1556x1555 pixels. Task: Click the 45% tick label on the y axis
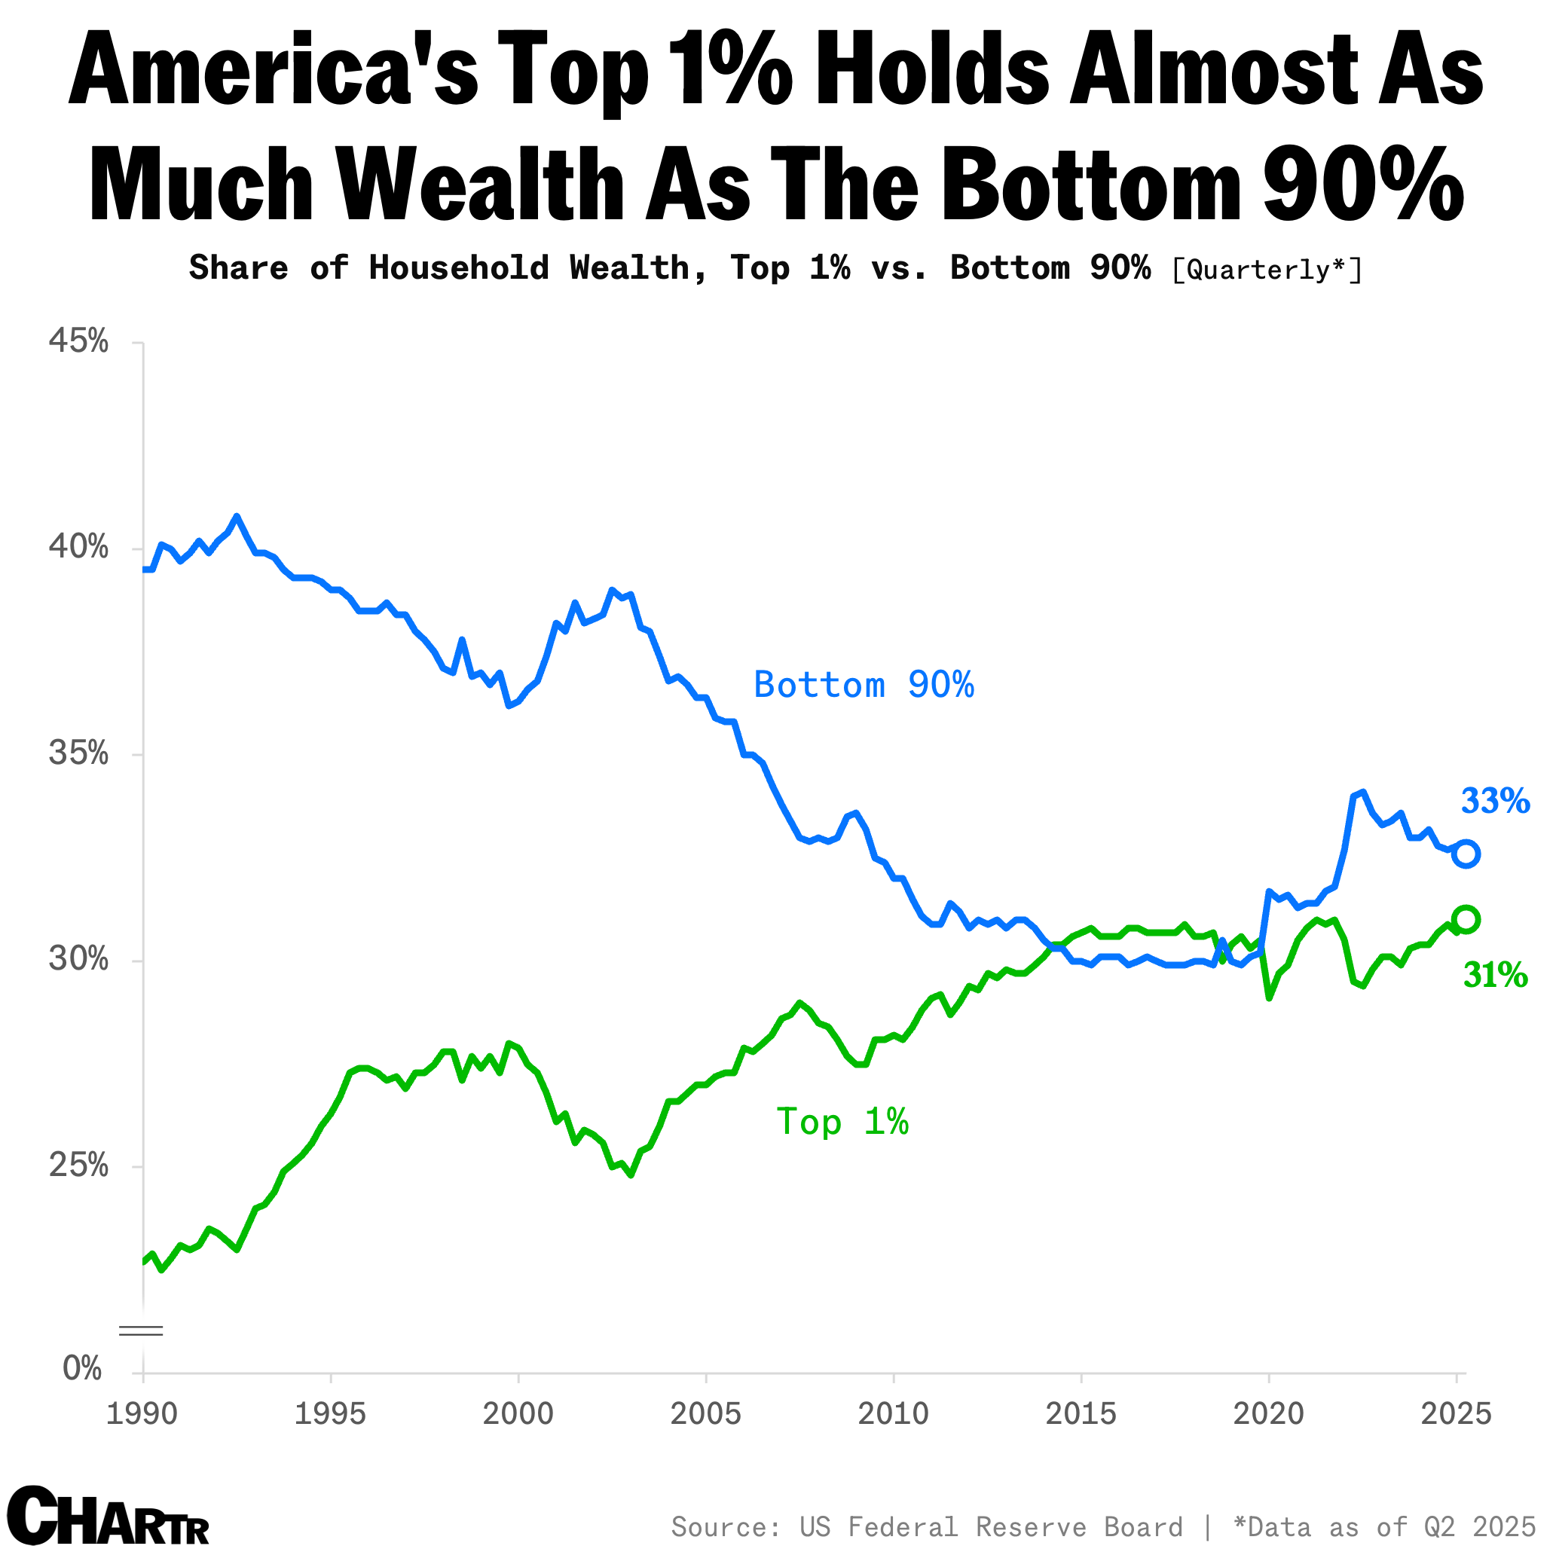(78, 341)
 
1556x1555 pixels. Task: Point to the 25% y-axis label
(78, 1165)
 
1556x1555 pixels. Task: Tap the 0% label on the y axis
(83, 1368)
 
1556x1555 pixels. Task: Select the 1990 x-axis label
(142, 1413)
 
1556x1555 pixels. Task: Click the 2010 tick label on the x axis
(892, 1413)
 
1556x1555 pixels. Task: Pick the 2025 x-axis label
(1456, 1413)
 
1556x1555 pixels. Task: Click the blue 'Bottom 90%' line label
(864, 686)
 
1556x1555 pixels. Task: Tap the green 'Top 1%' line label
(842, 1122)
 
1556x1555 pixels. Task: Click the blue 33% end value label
(1495, 802)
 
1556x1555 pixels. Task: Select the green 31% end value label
(1495, 975)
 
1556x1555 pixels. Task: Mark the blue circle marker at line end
(1465, 854)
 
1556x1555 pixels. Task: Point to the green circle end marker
(1465, 919)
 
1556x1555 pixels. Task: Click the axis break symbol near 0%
(141, 1330)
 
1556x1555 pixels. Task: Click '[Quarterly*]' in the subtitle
(1266, 269)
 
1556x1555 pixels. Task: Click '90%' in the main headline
(1362, 184)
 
